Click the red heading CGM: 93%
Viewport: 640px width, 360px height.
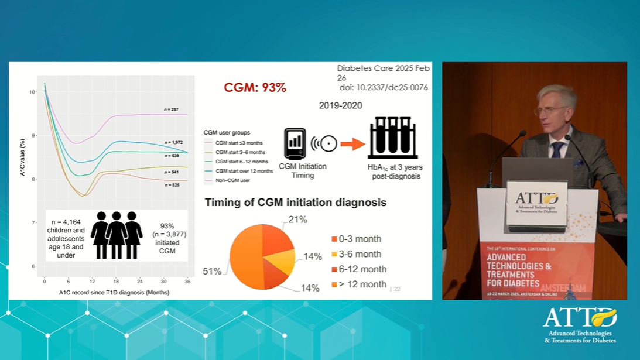255,88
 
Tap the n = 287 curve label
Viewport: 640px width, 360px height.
171,109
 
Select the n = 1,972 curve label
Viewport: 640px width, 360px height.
173,142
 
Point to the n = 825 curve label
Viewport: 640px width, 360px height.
172,185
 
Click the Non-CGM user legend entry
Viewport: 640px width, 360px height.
232,180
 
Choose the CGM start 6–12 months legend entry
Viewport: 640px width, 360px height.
241,162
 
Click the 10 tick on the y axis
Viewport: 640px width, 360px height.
32,92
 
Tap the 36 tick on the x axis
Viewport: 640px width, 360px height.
187,282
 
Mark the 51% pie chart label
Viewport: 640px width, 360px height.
212,271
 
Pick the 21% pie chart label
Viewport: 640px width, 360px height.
297,220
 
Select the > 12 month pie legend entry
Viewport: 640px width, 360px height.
363,284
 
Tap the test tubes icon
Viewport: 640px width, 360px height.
392,138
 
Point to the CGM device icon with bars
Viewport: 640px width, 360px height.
295,144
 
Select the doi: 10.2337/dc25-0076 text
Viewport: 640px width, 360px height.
384,88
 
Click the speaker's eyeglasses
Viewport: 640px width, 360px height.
548,110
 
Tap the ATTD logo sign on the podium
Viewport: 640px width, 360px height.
536,203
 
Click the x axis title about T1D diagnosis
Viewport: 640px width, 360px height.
114,292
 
